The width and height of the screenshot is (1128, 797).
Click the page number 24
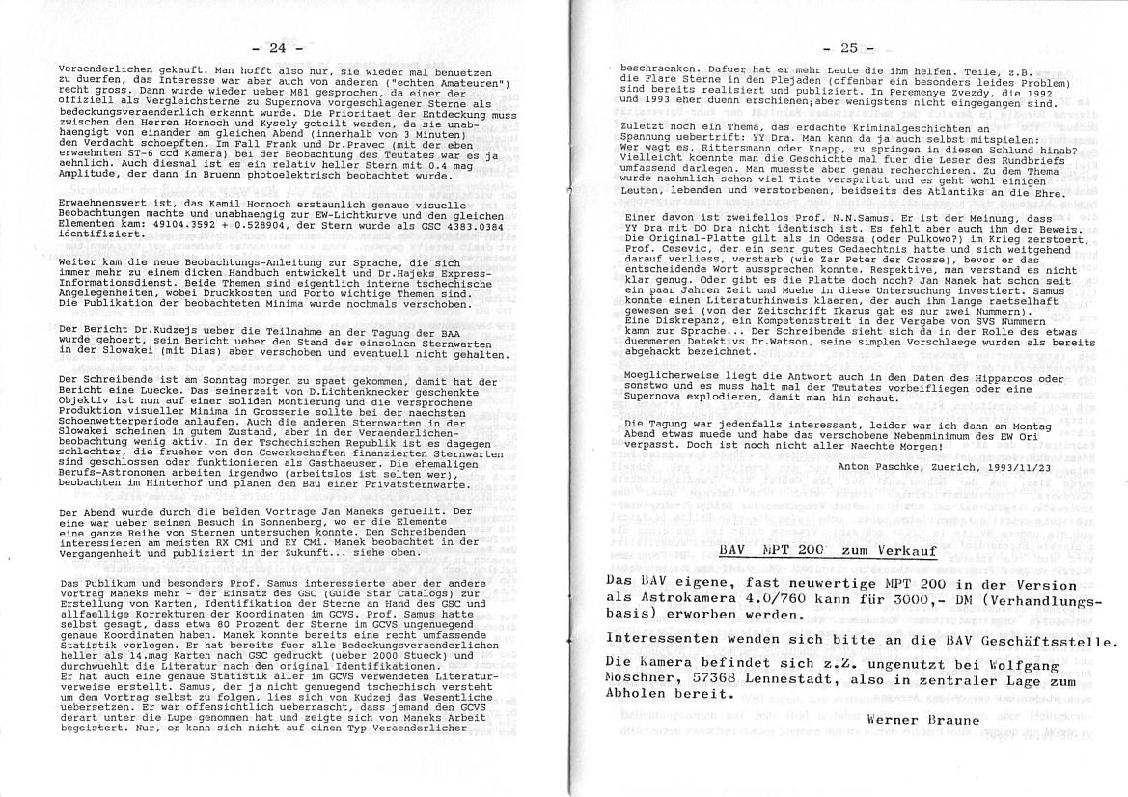click(277, 48)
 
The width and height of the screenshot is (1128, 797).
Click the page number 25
click(848, 47)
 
